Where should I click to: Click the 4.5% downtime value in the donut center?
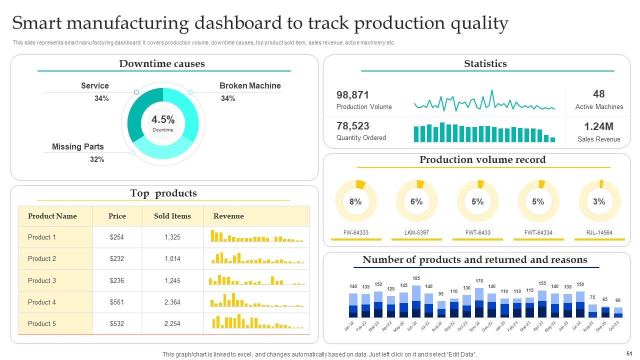click(x=163, y=120)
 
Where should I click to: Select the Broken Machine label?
click(x=249, y=86)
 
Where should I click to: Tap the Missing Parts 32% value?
click(x=97, y=159)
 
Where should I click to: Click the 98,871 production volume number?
click(x=352, y=95)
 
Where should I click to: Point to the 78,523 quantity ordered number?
click(x=352, y=126)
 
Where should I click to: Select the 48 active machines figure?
click(x=598, y=94)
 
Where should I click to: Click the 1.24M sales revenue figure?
click(x=598, y=126)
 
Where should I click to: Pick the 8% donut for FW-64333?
click(x=355, y=201)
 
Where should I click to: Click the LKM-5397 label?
click(x=416, y=232)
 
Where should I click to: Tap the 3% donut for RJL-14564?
click(x=599, y=201)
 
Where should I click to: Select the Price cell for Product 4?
click(x=117, y=302)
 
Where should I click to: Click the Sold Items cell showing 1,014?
click(x=172, y=258)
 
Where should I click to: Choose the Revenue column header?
click(x=228, y=216)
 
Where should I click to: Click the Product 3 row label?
click(x=42, y=280)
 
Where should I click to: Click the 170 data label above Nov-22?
click(x=479, y=281)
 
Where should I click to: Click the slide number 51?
click(x=629, y=353)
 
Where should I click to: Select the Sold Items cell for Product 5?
click(x=172, y=323)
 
